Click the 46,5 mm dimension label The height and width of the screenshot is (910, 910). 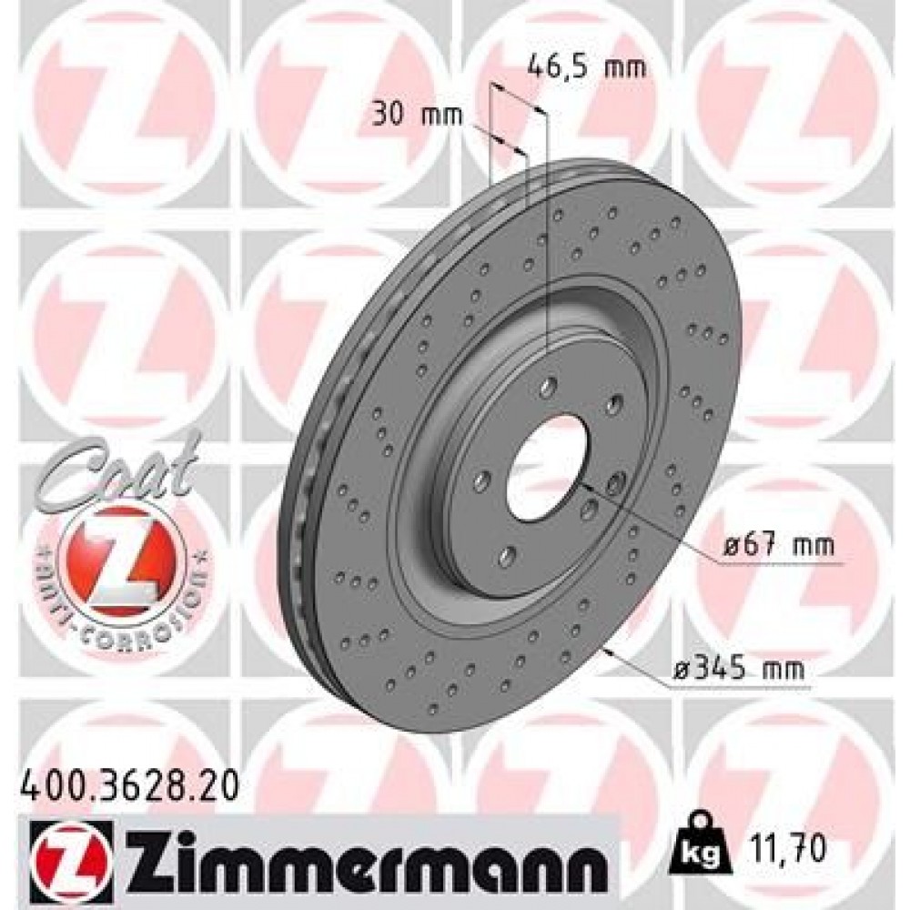pos(586,66)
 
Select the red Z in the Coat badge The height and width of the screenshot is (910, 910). pos(116,555)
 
